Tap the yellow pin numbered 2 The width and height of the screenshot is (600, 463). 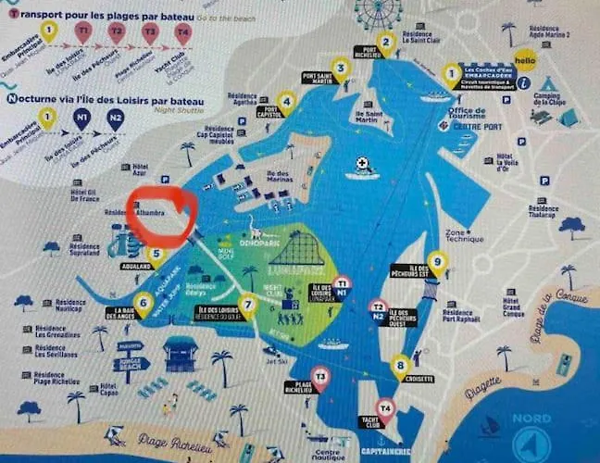tap(387, 42)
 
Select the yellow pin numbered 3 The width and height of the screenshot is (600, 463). tap(341, 67)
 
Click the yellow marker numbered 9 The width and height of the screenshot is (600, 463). tap(437, 263)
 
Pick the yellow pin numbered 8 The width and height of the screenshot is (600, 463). tap(400, 366)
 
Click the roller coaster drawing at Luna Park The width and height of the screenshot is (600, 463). tap(296, 248)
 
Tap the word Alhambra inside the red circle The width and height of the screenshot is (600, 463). tap(149, 213)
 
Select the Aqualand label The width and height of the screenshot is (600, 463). tap(136, 267)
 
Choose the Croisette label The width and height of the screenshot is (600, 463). tap(419, 379)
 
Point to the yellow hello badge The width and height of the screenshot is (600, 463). tap(525, 60)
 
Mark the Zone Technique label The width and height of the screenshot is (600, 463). tap(458, 237)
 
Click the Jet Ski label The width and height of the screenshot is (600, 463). tap(269, 363)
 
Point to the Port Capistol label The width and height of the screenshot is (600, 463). tap(269, 112)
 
